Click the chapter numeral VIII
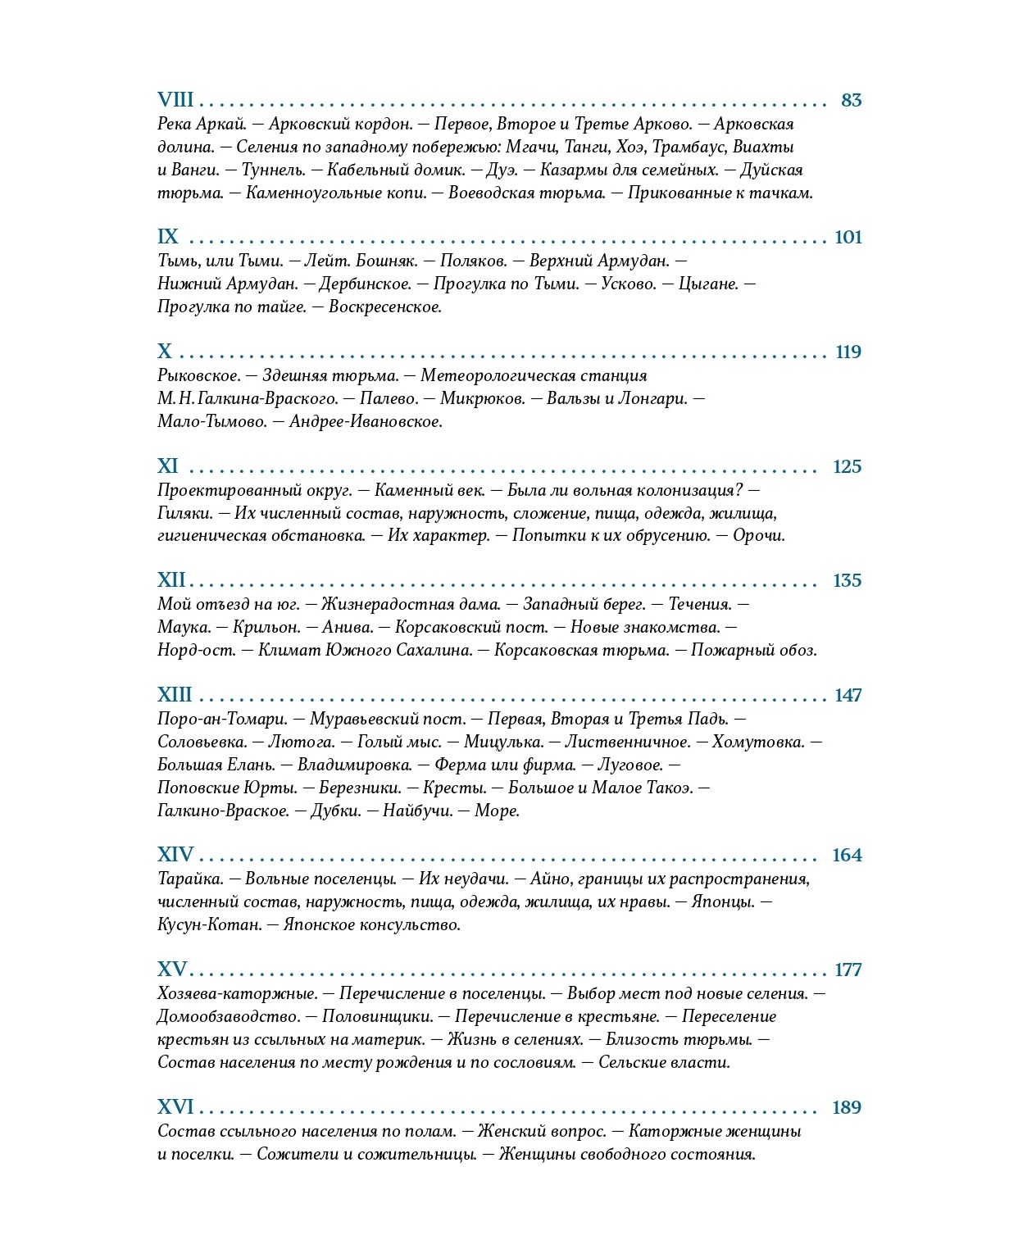(175, 100)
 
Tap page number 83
(852, 100)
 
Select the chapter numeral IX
(168, 237)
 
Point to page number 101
(848, 237)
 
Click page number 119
(848, 352)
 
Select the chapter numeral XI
(168, 466)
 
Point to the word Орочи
(758, 536)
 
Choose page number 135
(847, 580)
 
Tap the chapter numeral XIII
(175, 695)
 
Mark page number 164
(847, 855)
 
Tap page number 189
(847, 1107)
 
